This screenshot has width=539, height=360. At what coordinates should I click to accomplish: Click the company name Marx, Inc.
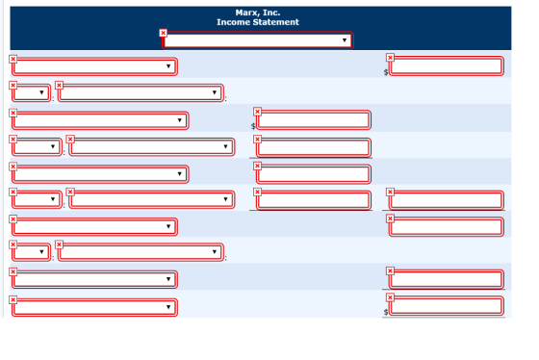[x=258, y=13]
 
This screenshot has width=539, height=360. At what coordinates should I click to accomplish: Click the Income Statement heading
[x=258, y=22]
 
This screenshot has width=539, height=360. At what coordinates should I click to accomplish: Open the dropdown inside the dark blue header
[x=258, y=40]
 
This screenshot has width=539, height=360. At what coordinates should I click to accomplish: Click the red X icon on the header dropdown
[x=164, y=33]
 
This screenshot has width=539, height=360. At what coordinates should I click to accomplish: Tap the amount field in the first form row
[x=447, y=66]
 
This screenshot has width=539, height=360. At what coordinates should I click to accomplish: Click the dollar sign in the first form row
[x=386, y=72]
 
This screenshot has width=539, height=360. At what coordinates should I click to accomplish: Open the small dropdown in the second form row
[x=31, y=92]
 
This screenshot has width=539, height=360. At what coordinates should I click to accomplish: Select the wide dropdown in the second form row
[x=141, y=92]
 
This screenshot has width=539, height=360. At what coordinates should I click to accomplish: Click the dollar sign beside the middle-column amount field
[x=253, y=126]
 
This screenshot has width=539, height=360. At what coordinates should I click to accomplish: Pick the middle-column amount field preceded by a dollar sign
[x=314, y=120]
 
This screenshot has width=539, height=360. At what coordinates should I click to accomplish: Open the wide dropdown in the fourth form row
[x=152, y=147]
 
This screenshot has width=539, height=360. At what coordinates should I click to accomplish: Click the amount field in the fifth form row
[x=314, y=174]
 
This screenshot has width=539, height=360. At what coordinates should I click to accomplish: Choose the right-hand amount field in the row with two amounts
[x=447, y=200]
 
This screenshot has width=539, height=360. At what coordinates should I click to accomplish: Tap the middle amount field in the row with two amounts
[x=314, y=200]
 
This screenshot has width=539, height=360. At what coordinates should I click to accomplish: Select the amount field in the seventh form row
[x=447, y=226]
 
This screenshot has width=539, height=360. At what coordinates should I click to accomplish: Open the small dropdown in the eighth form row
[x=31, y=252]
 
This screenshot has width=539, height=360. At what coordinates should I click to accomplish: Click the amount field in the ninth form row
[x=447, y=279]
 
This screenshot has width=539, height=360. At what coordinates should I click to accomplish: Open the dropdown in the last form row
[x=94, y=307]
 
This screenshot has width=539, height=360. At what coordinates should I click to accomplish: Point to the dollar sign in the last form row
[x=386, y=312]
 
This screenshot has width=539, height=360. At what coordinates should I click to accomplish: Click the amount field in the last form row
[x=447, y=306]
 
